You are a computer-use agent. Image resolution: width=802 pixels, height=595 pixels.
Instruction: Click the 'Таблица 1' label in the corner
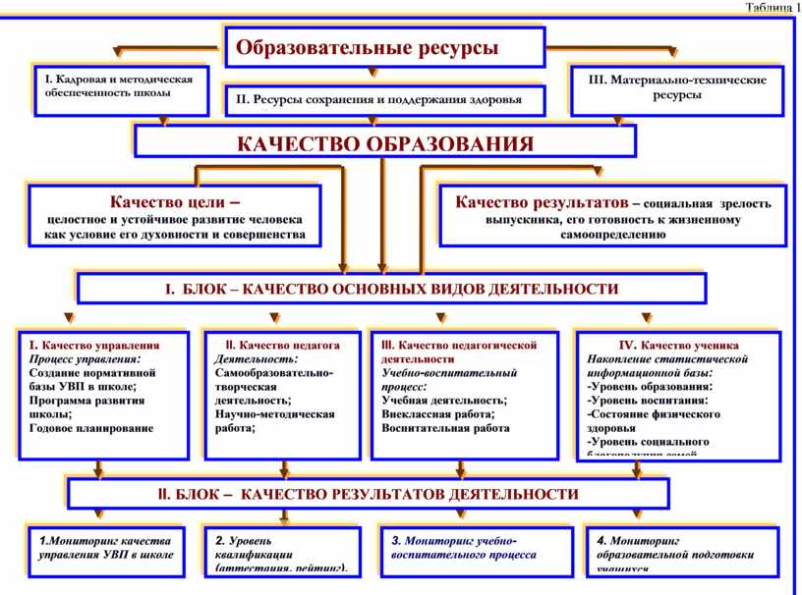pos(773,8)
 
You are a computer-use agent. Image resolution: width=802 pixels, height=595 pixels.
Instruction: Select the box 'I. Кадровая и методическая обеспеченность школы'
pos(118,87)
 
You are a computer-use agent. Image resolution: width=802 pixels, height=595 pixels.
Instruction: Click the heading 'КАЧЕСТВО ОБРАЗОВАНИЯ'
pos(385,144)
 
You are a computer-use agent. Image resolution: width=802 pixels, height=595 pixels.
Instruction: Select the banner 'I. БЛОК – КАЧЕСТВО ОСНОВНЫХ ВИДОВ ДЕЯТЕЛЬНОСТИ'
pos(391,290)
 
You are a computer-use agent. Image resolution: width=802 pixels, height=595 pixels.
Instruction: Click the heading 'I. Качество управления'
pos(94,346)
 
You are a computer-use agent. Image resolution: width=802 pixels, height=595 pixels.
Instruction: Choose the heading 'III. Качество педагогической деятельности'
pos(459,352)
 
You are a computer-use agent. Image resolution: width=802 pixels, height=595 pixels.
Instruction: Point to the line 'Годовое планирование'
pos(91,428)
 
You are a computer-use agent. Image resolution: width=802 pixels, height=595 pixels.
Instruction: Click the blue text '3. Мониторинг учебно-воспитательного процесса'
pos(464,548)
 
